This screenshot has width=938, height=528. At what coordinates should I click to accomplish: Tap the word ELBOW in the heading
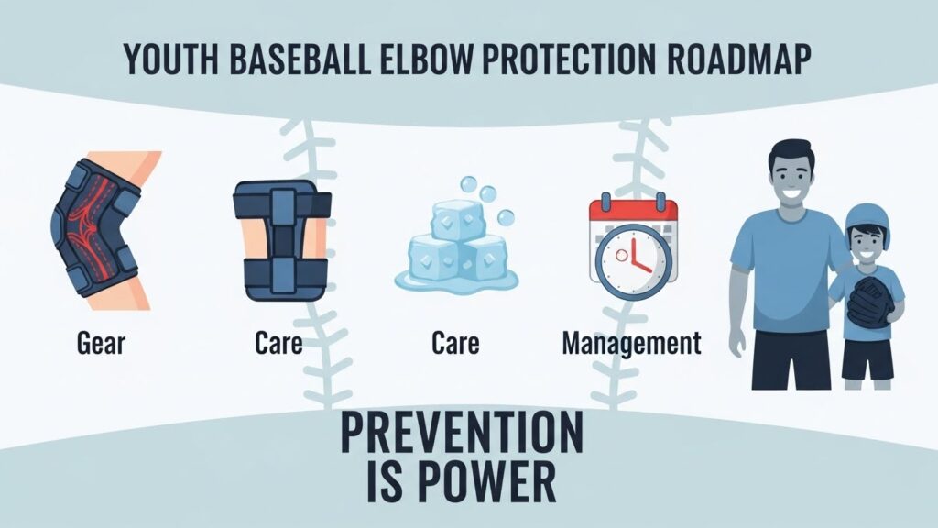pyautogui.click(x=425, y=59)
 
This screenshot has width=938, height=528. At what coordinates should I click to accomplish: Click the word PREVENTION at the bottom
pyautogui.click(x=462, y=433)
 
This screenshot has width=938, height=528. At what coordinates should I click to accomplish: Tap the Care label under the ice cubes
pyautogui.click(x=455, y=343)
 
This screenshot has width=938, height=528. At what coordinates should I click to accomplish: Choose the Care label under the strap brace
pyautogui.click(x=278, y=343)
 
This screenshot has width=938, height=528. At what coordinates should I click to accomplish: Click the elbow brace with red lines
pyautogui.click(x=97, y=228)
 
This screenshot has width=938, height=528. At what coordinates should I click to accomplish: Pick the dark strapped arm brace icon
pyautogui.click(x=281, y=240)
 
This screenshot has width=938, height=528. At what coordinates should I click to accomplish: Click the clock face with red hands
pyautogui.click(x=634, y=261)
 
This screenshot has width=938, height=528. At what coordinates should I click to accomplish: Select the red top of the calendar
pyautogui.click(x=634, y=212)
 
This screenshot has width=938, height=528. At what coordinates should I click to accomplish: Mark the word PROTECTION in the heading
pyautogui.click(x=568, y=59)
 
